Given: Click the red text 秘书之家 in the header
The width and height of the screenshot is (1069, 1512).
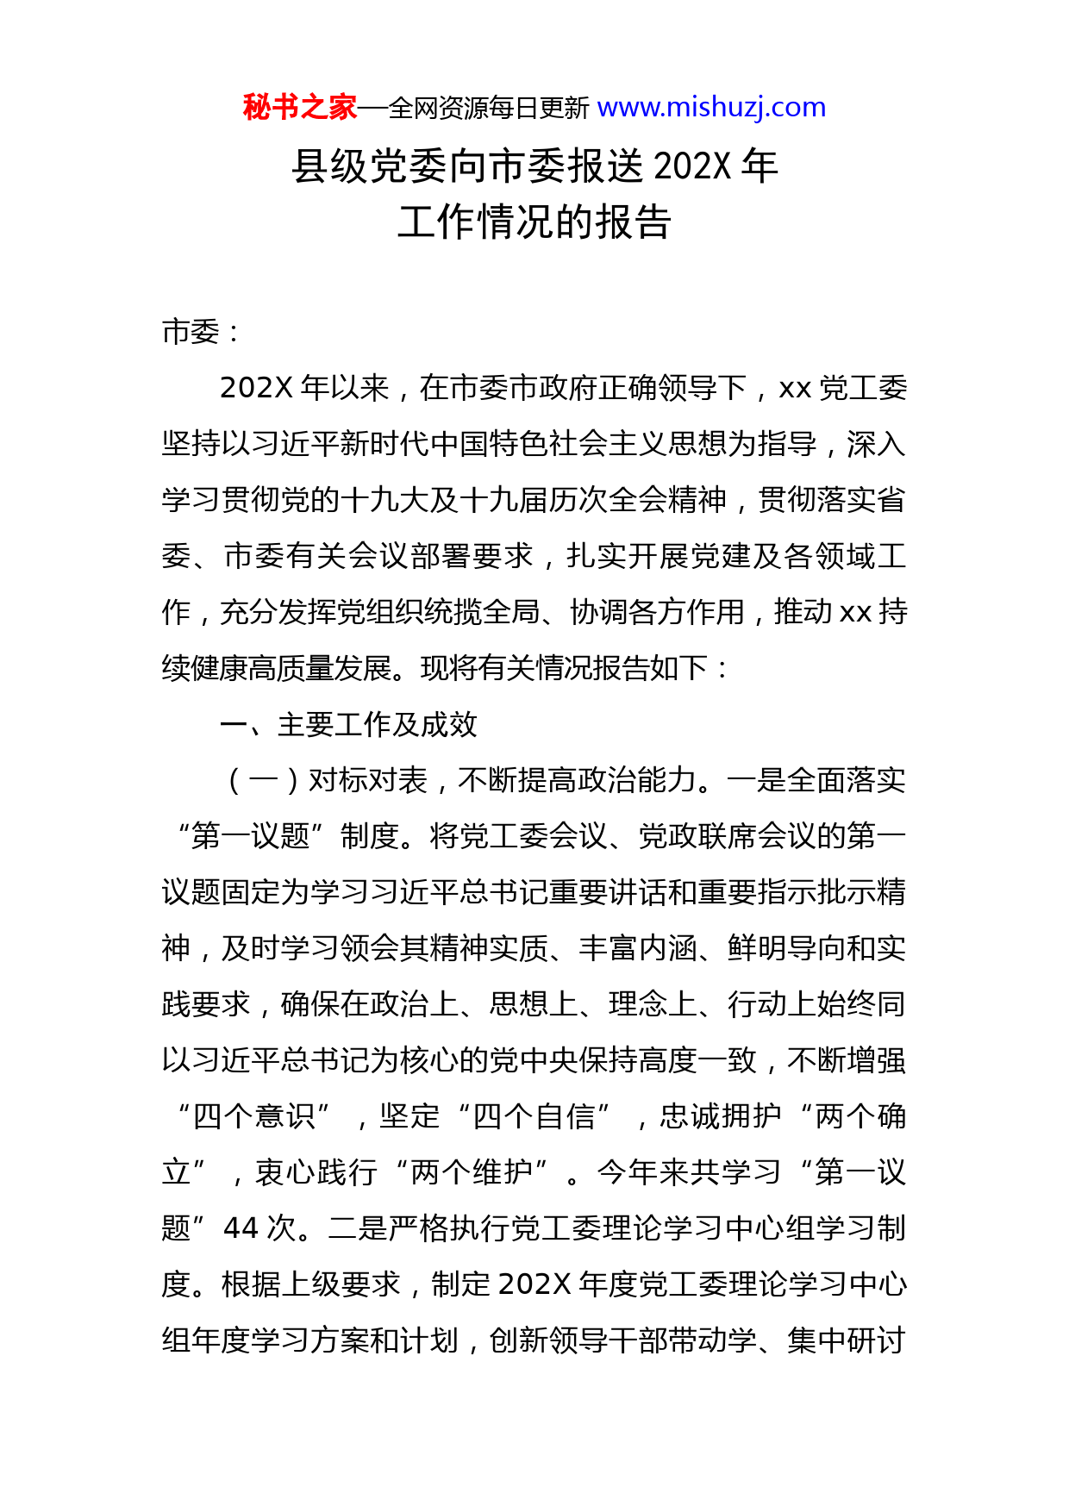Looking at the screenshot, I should (x=299, y=108).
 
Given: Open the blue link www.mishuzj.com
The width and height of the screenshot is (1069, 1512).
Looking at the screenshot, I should (x=711, y=108).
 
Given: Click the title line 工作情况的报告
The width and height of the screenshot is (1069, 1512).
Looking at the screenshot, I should (x=534, y=222).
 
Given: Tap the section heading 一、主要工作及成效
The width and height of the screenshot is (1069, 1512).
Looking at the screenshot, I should (x=348, y=725).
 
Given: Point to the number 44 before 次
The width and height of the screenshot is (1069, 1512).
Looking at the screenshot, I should (x=241, y=1228).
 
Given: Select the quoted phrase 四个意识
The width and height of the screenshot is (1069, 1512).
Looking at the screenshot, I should (x=254, y=1117).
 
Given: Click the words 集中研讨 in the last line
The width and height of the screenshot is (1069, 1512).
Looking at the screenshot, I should (x=846, y=1340).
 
